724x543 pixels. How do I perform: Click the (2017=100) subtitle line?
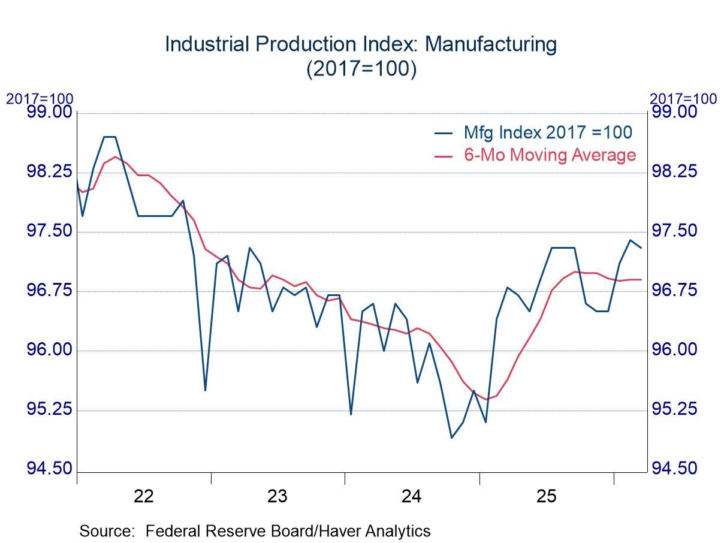pos(361,68)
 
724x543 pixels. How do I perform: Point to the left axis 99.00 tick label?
pos(48,112)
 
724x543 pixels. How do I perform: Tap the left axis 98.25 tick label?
pos(48,173)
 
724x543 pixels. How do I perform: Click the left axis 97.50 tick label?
pos(48,232)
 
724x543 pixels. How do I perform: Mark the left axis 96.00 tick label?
pos(48,351)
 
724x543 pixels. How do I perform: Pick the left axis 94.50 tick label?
pos(48,469)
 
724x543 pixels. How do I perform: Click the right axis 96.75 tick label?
pos(674,291)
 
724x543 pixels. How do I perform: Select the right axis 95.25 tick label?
pos(674,409)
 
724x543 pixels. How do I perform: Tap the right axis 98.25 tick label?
pos(674,173)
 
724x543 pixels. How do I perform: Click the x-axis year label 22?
pos(144,496)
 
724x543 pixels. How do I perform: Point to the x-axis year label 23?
pos(277,496)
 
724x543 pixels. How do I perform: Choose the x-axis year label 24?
pos(412,496)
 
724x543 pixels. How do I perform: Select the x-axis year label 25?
pos(546,496)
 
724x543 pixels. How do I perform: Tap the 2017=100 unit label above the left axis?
pos(40,99)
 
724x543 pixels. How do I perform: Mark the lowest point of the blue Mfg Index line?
pos(452,438)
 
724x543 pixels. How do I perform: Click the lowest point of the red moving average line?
pos(485,399)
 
